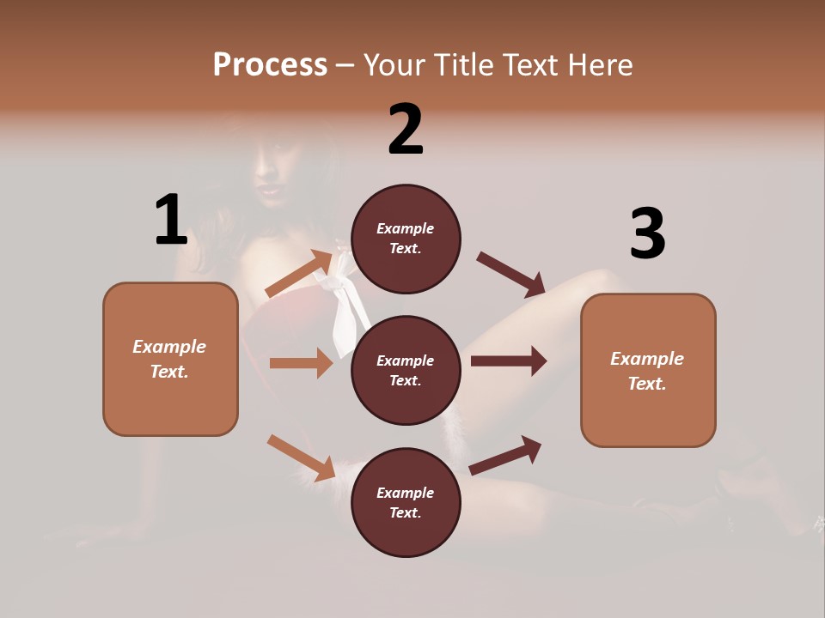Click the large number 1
tap(171, 220)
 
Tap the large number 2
tap(406, 130)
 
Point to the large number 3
tap(647, 234)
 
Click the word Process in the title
tap(270, 64)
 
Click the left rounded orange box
tap(170, 359)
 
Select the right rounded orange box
tap(648, 371)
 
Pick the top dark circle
tap(406, 239)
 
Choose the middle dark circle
tap(406, 370)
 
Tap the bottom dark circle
tap(406, 502)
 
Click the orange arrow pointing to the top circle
tap(299, 274)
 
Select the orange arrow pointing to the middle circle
tap(301, 363)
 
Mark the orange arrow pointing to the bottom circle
tap(301, 457)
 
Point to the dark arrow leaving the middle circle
tap(509, 361)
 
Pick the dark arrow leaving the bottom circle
tap(505, 455)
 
